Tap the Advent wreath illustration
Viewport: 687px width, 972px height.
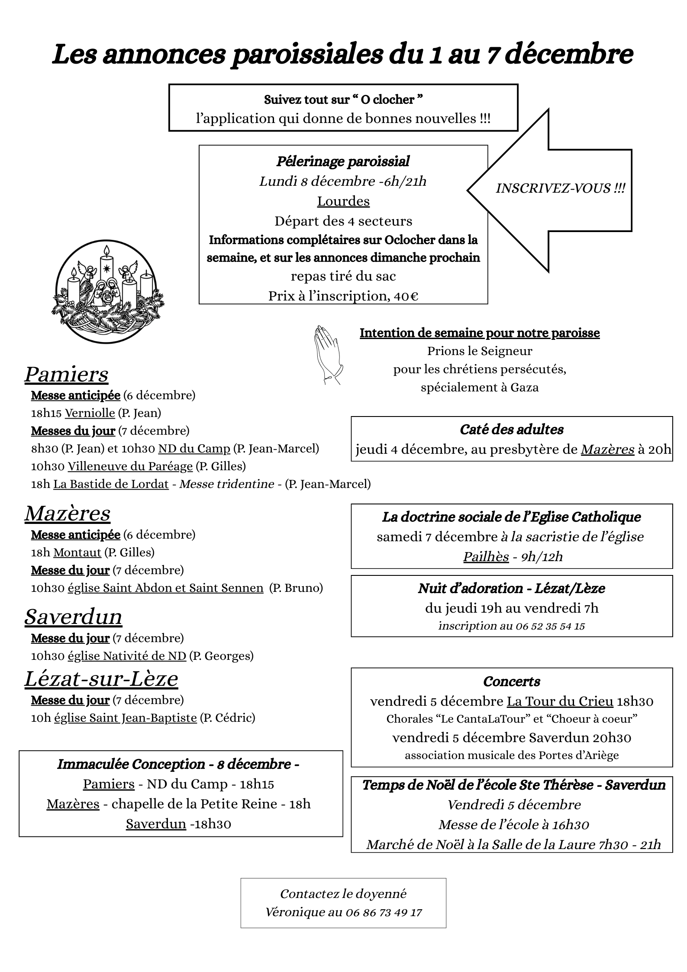point(107,292)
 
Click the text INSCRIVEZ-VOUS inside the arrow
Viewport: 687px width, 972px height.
point(560,188)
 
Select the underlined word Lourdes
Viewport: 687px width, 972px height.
point(343,201)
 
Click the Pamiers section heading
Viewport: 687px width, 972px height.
point(66,375)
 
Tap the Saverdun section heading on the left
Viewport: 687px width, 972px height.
point(73,617)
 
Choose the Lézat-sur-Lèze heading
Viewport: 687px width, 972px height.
point(101,678)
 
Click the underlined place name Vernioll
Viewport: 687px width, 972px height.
point(90,413)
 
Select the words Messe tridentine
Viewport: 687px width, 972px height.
point(226,484)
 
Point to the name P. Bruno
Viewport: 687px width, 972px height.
point(296,588)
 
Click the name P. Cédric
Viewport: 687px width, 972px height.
point(228,718)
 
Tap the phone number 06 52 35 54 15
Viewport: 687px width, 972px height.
point(550,626)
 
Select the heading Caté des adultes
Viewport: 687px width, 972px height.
point(512,429)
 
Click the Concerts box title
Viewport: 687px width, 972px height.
point(512,681)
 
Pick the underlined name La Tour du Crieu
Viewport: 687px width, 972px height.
point(560,701)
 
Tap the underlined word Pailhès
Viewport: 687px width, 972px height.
point(486,556)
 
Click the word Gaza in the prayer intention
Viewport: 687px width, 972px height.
point(524,387)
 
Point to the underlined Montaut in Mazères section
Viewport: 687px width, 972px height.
point(77,552)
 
